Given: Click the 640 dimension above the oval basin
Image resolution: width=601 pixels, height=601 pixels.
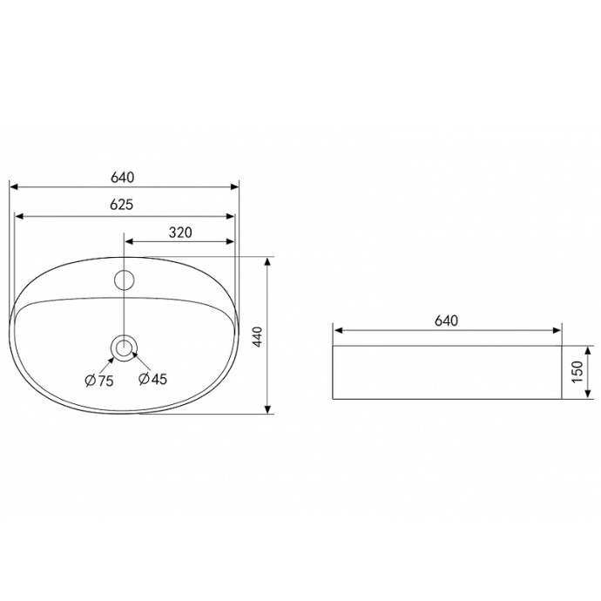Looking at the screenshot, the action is point(123,178).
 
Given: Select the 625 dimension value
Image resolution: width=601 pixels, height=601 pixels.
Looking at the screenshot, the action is point(121,205).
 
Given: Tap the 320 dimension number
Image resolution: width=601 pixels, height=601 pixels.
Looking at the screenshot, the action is point(180,233).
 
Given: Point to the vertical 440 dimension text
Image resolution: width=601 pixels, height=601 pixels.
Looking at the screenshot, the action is point(258,337).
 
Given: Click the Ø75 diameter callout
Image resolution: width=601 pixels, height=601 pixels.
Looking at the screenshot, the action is point(99,381).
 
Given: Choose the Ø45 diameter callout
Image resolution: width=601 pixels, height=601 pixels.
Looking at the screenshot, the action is point(153,379).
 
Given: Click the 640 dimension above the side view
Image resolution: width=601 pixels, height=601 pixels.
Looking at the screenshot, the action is point(447,321).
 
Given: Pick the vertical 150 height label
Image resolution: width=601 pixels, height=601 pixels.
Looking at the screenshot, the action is point(577,372).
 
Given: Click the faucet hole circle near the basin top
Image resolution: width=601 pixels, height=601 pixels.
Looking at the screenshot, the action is point(125,280).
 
